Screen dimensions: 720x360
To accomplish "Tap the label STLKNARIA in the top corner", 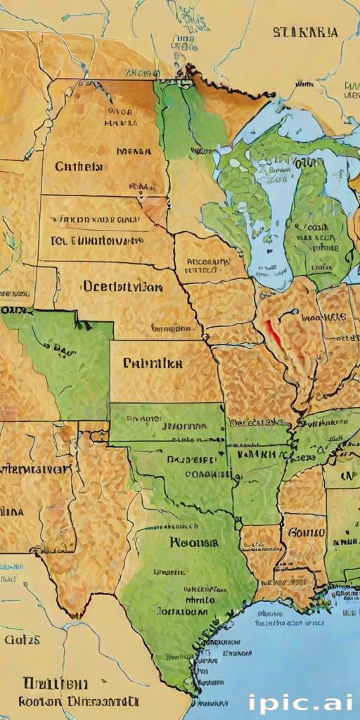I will point(304,32).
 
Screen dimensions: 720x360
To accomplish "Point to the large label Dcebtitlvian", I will point(122,287).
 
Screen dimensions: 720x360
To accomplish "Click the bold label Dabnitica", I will point(153,364).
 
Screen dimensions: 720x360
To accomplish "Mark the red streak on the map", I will point(274,333).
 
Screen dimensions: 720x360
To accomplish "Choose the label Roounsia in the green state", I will point(193,542).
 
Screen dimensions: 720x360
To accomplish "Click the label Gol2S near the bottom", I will point(22,640).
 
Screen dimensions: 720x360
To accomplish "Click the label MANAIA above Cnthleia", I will point(134,150).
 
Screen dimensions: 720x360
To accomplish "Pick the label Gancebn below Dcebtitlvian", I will point(172,328).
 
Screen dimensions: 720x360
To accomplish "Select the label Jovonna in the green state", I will point(184,426).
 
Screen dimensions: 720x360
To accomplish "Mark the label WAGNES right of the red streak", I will point(323,317).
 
